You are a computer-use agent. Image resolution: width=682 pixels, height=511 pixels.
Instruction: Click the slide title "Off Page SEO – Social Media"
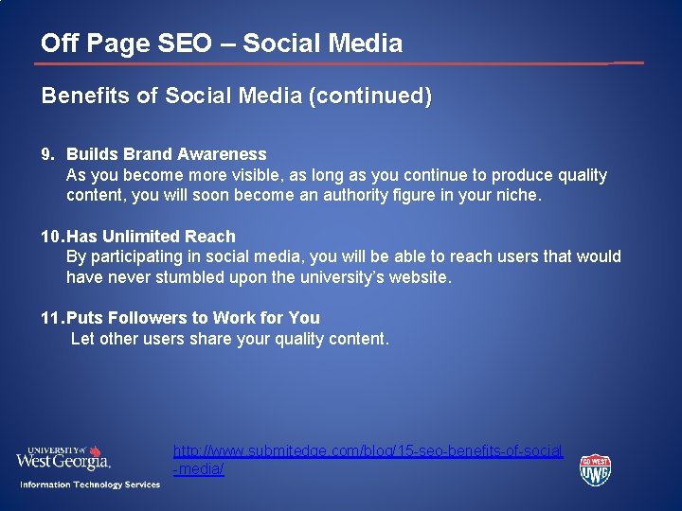(222, 44)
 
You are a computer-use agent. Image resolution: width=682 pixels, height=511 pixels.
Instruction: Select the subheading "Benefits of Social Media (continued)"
(236, 96)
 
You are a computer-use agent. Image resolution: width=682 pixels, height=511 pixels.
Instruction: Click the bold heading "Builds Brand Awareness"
(166, 154)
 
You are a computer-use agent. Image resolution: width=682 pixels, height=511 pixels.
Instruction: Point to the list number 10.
(49, 237)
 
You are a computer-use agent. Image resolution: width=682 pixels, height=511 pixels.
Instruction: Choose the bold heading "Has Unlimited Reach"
(151, 237)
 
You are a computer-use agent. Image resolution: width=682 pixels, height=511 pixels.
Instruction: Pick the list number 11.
(49, 318)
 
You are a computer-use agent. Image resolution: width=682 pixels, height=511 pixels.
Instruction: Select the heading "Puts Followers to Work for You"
(192, 318)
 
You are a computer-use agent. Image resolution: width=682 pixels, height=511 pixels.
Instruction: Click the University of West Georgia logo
(63, 458)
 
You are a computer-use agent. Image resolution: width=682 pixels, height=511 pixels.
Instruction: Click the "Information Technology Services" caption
(90, 485)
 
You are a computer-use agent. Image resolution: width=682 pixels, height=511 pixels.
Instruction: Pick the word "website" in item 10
(416, 277)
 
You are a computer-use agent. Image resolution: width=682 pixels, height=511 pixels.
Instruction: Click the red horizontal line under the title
(322, 64)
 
